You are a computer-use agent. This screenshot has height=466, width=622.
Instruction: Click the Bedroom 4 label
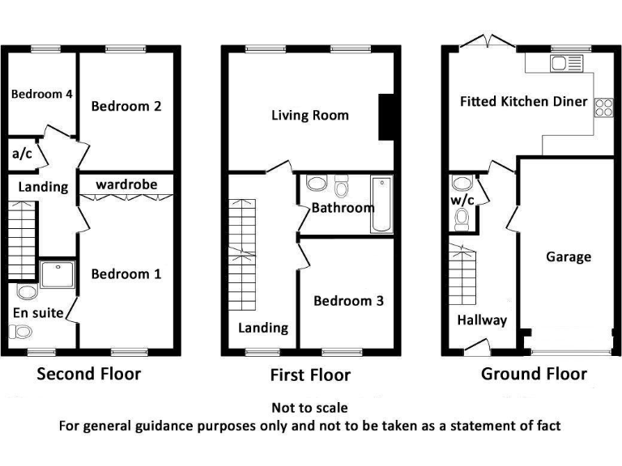coord(42,94)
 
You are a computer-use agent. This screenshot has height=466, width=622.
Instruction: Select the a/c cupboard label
coord(22,155)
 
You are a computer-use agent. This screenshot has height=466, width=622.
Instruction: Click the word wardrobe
coord(126,184)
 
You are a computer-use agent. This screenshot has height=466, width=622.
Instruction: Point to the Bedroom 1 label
coord(126,274)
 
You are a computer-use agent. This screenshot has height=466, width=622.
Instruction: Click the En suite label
coord(38,312)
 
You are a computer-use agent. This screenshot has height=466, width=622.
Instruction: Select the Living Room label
coord(309,115)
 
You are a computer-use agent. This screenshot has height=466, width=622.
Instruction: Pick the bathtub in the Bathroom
coord(381,205)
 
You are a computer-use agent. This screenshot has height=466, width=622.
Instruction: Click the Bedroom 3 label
coord(348,301)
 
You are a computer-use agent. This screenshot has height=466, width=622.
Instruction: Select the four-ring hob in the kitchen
coord(603,107)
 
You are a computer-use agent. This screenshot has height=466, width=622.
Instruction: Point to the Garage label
coord(568,256)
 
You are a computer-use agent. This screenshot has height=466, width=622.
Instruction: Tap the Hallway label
coord(482,320)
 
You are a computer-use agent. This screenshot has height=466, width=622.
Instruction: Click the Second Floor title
coord(89,374)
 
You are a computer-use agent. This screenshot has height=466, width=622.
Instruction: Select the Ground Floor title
coord(534,374)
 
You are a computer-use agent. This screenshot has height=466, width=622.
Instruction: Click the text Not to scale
coord(309,408)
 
